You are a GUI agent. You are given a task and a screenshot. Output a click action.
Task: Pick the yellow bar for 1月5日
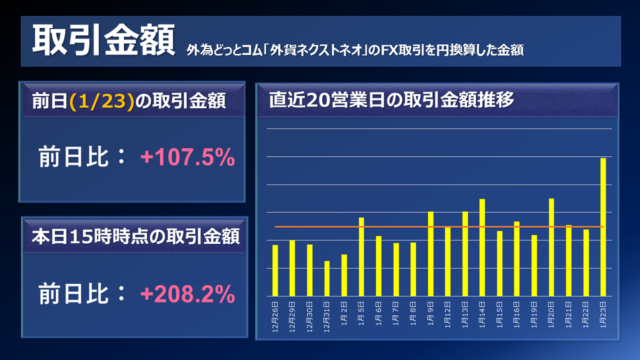pyautogui.click(x=362, y=257)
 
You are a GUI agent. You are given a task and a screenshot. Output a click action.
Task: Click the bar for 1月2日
pyautogui.click(x=344, y=275)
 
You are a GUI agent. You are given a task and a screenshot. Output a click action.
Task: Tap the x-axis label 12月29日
pyautogui.click(x=293, y=317)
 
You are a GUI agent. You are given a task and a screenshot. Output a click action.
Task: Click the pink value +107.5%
pyautogui.click(x=187, y=158)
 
